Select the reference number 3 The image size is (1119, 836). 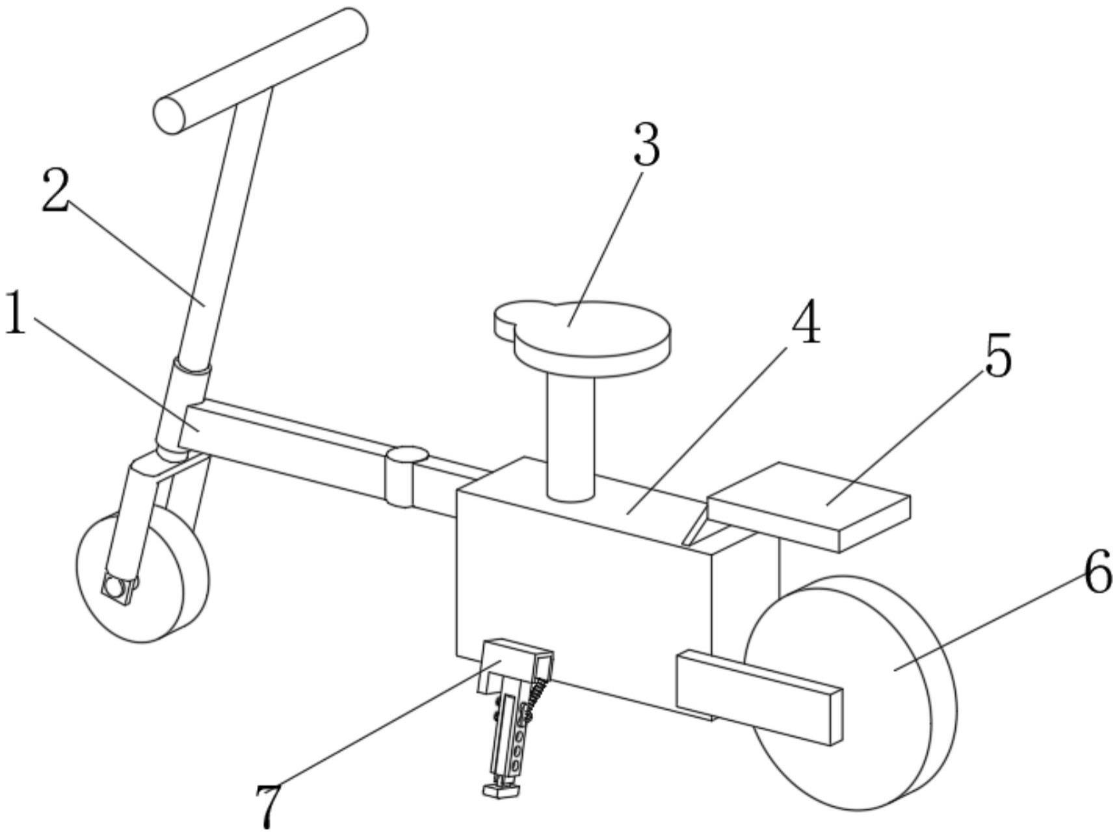[646, 144]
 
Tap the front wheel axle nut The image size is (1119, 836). [115, 588]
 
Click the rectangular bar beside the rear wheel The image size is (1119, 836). [759, 696]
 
